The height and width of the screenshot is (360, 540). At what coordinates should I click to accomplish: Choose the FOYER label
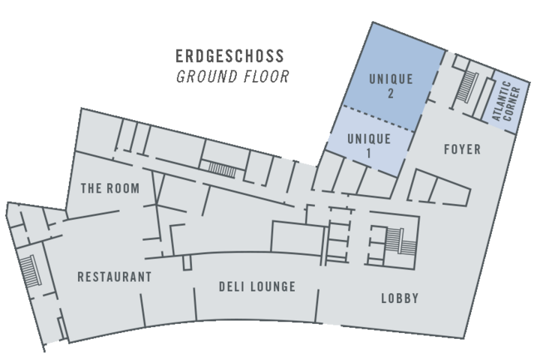[x=462, y=150]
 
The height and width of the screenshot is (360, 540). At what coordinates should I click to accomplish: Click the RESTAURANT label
[x=114, y=277]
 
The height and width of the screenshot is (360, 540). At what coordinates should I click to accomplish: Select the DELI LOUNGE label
[x=256, y=286]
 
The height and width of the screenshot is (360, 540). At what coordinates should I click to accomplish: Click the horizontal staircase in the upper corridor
[x=221, y=168]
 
